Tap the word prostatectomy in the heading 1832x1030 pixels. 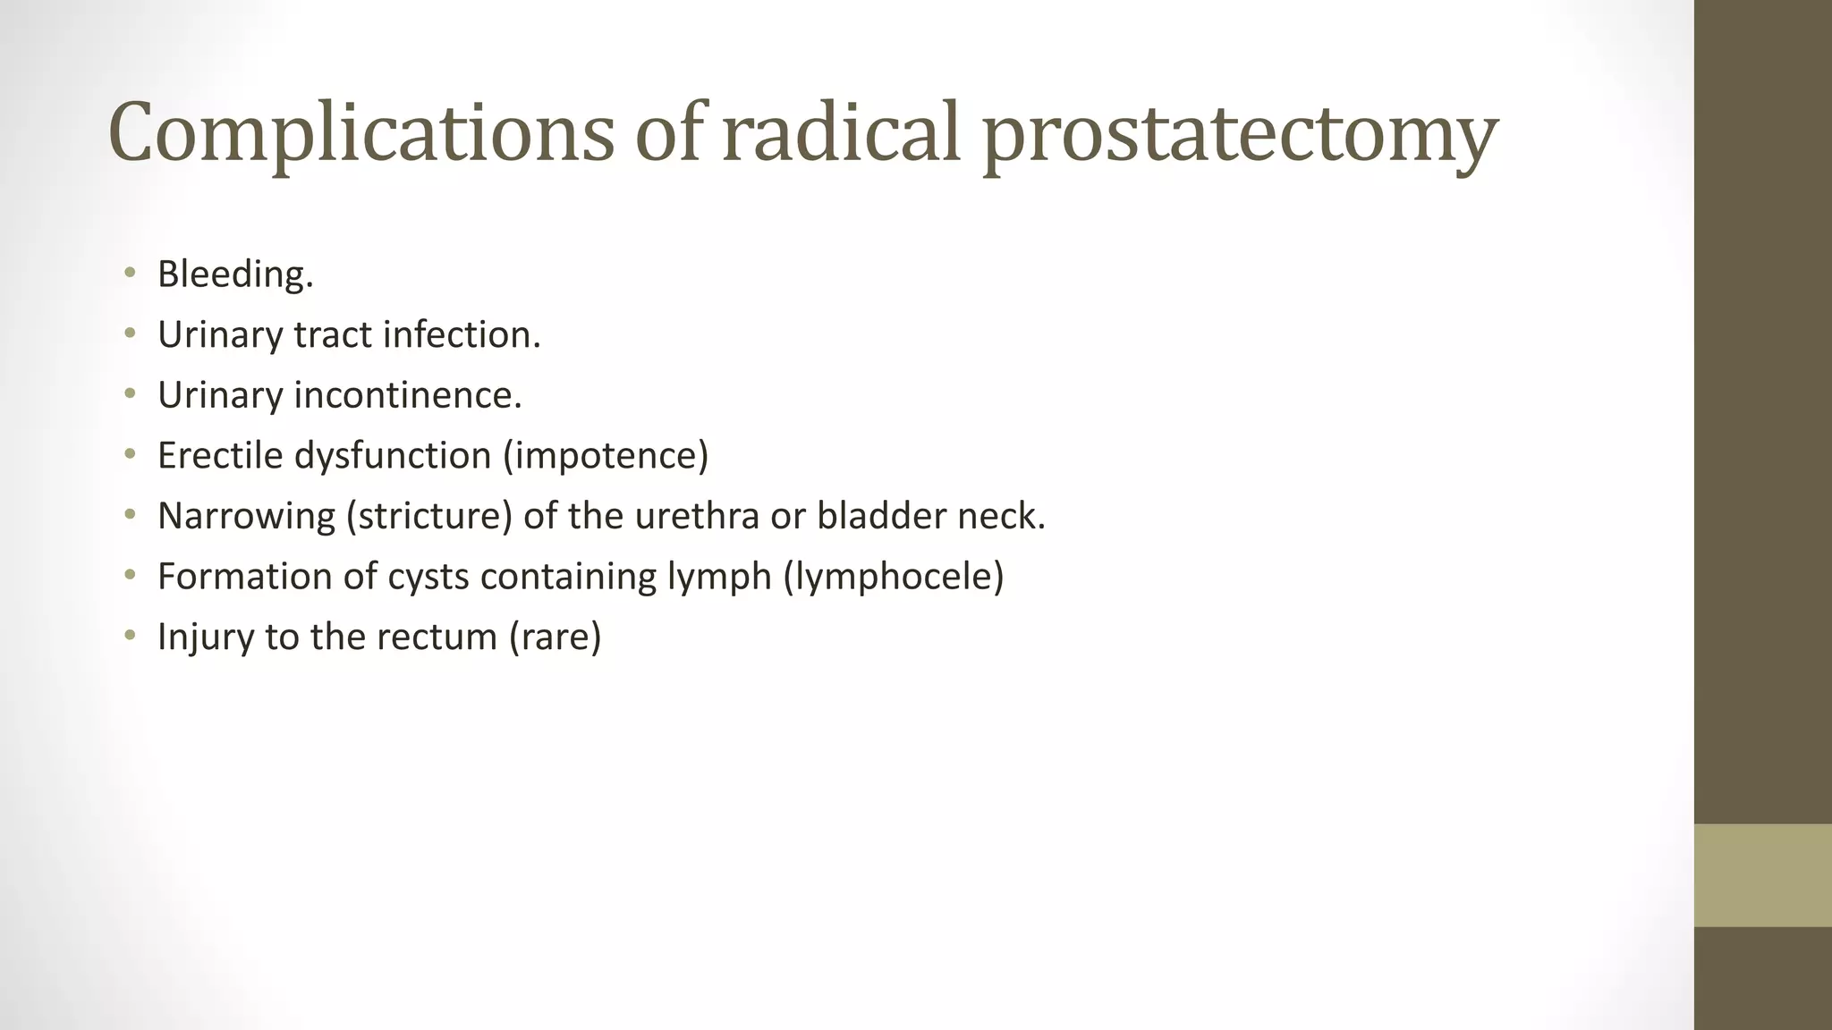pos(1240,134)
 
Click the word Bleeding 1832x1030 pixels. pos(235,274)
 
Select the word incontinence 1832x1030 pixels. pos(408,395)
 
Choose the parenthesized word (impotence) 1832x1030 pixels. pos(606,455)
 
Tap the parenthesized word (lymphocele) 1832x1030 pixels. pos(894,577)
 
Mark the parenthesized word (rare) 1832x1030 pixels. pos(555,637)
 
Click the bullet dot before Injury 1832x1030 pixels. pos(131,636)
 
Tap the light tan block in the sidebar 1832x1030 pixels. pos(1762,874)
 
